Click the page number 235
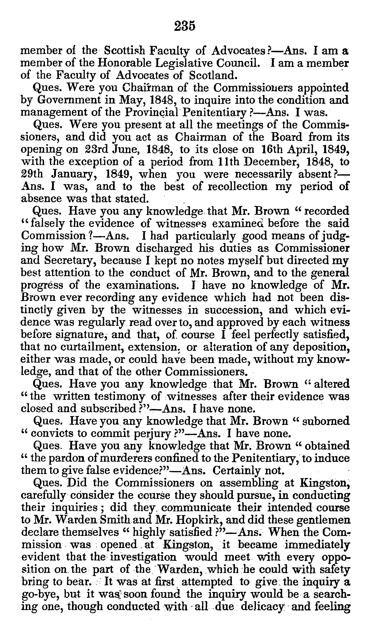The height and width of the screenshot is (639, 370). click(185, 26)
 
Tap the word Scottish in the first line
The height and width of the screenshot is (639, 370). click(125, 51)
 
